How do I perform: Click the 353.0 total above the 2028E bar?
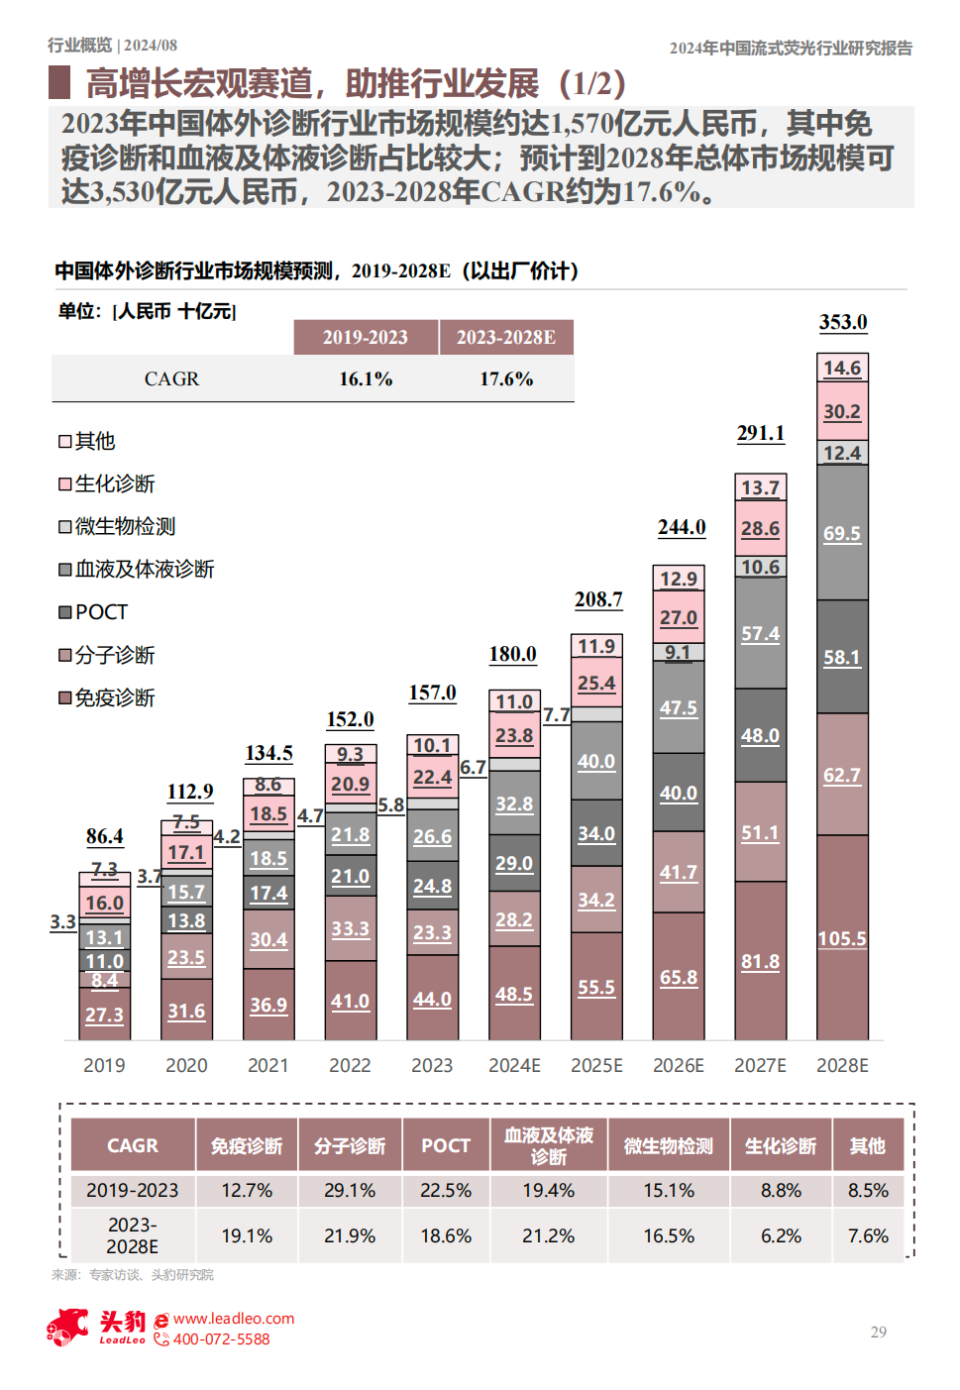click(x=842, y=322)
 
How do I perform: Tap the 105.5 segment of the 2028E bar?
click(x=842, y=938)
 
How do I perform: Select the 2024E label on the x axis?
click(x=514, y=1065)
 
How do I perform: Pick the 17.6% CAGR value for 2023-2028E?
click(x=506, y=378)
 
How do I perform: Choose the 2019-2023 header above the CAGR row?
click(x=365, y=337)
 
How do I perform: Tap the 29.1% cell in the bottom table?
click(x=350, y=1190)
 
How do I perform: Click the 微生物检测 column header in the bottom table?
click(x=669, y=1145)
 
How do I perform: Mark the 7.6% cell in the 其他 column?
click(x=868, y=1235)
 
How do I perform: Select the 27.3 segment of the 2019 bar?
click(x=104, y=1015)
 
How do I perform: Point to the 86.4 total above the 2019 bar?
click(x=104, y=836)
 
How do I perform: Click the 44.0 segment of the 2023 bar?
click(x=432, y=999)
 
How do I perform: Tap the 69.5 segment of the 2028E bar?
click(x=842, y=533)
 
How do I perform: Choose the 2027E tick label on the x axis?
click(x=760, y=1065)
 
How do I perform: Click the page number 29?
click(x=879, y=1332)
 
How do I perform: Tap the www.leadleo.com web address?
click(x=234, y=1318)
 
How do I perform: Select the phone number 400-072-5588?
click(x=221, y=1339)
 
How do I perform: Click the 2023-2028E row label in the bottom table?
click(x=132, y=1235)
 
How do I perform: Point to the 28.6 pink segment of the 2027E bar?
click(x=760, y=528)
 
